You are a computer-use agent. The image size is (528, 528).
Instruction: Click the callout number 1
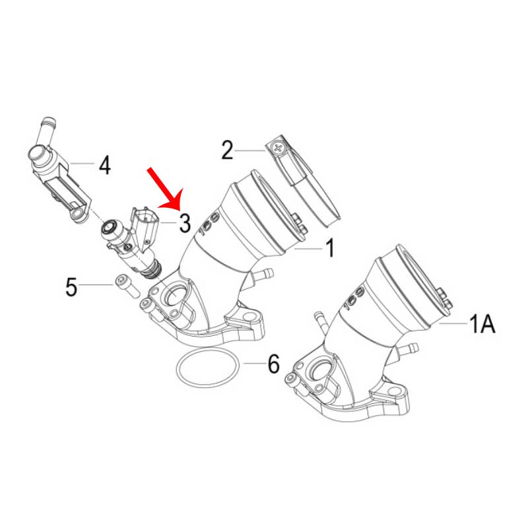(331, 248)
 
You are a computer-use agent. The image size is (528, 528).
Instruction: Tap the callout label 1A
(482, 323)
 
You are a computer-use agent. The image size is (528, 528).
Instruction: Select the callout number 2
(227, 150)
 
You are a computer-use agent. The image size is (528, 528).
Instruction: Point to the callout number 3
(185, 223)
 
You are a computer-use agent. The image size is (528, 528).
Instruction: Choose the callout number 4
(104, 166)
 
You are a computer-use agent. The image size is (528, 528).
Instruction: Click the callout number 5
(71, 287)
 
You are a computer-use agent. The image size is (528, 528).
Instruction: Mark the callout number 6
(273, 364)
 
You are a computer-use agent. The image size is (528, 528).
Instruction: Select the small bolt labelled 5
(127, 286)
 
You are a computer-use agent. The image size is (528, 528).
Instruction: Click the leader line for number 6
(255, 364)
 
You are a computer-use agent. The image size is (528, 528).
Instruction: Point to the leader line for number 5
(96, 285)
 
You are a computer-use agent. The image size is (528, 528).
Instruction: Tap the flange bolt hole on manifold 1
(249, 317)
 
